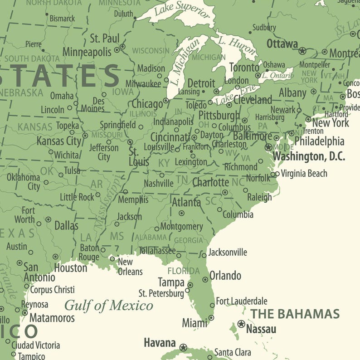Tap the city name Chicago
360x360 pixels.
coord(147,104)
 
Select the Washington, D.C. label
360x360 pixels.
coord(308,157)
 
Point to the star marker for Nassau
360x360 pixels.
coord(241,324)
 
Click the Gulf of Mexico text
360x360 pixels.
coord(108,305)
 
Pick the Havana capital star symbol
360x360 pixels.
coord(183,348)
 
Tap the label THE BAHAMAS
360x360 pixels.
coord(295,314)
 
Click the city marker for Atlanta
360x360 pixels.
coord(182,213)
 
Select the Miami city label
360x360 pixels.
coord(195,323)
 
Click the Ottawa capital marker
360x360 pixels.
coord(302,51)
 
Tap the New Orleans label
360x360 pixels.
coord(130,267)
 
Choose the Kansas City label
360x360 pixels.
coord(58,141)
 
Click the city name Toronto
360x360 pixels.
coord(244,68)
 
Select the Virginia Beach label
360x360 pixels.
coord(304,173)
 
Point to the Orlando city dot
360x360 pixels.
coord(205,280)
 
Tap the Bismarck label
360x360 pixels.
coord(62,19)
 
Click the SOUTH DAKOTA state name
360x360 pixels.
coord(32,58)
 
